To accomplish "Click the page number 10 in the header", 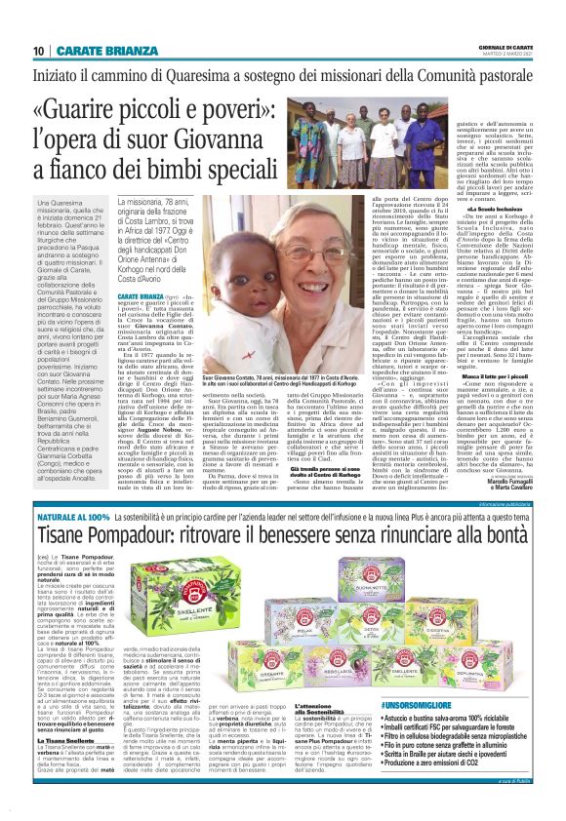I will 38,51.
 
